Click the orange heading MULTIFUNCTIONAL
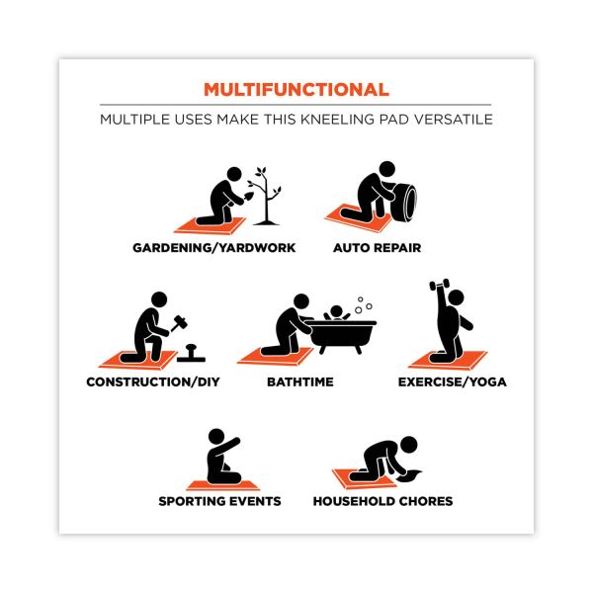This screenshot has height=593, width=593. [296, 90]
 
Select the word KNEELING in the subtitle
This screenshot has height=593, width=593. [338, 120]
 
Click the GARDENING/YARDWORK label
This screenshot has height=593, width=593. [214, 248]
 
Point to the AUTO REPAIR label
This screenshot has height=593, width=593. [378, 248]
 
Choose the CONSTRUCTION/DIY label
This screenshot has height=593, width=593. [153, 381]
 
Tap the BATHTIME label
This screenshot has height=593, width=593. [300, 381]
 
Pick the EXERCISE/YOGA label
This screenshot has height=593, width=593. [453, 381]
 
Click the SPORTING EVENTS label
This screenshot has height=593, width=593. [219, 501]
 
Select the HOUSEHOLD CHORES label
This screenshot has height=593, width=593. [382, 501]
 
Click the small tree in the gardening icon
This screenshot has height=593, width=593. [266, 197]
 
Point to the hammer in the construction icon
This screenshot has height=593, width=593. [179, 322]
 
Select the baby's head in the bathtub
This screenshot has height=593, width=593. [336, 312]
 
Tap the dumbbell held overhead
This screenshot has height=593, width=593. [440, 285]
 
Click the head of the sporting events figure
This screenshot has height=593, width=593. [216, 437]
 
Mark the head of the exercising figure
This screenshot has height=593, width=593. [456, 298]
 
